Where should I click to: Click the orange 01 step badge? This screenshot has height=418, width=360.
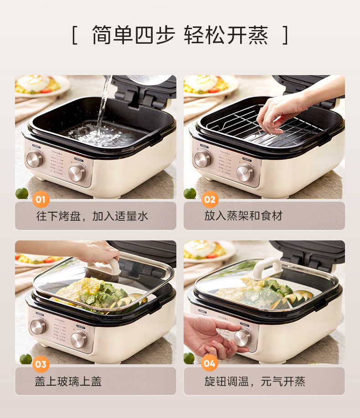pos(41,199)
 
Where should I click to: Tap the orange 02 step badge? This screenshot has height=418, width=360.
pos(210,199)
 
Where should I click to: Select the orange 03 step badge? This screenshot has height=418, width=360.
pos(41,364)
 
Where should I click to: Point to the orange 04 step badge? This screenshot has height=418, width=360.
pos(210,364)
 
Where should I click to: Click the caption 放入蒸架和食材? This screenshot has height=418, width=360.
pos(243,216)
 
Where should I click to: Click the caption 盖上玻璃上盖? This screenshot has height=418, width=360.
pos(68,381)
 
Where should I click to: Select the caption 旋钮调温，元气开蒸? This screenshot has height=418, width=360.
pos(255,381)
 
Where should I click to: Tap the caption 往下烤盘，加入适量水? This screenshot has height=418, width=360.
pos(92,216)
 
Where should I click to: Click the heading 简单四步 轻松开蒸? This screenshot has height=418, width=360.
pos(180,36)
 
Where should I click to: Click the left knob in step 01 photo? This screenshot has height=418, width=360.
pos(34,159)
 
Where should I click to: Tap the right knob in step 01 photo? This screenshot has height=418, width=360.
pos(77,173)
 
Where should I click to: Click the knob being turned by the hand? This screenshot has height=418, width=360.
pos(242,337)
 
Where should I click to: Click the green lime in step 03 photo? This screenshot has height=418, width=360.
pos(26,358)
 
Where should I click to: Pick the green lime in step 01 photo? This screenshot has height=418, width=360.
pos(21,193)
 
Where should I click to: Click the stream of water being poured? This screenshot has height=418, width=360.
pos(103,105)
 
